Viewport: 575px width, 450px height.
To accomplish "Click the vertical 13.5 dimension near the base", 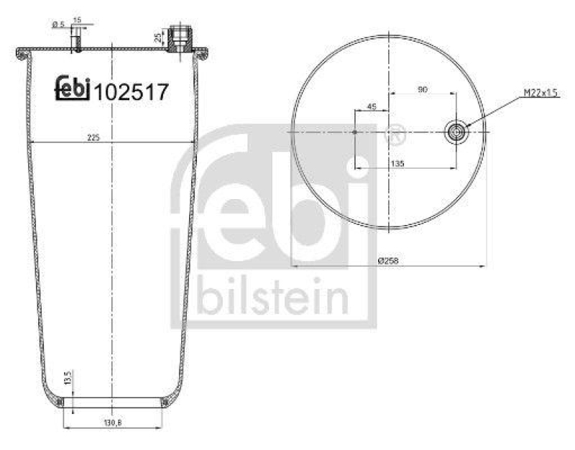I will pyautogui.click(x=68, y=378).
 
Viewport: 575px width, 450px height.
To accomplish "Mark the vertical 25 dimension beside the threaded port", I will pyautogui.click(x=158, y=37).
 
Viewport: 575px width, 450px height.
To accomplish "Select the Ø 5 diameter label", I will pyautogui.click(x=57, y=25).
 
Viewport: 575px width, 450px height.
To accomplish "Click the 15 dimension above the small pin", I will pyautogui.click(x=78, y=19).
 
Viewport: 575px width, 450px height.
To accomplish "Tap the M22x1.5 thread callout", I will pyautogui.click(x=540, y=93).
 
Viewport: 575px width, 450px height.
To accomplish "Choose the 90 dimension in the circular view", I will pyautogui.click(x=423, y=89).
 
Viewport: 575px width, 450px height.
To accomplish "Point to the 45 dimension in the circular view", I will pyautogui.click(x=372, y=106).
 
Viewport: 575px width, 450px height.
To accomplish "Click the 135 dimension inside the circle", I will pyautogui.click(x=397, y=164).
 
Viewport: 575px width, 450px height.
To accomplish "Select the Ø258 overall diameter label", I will pyautogui.click(x=389, y=261).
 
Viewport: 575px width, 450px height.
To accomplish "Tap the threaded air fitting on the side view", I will pyautogui.click(x=180, y=40).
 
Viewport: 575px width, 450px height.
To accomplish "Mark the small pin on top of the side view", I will pyautogui.click(x=76, y=43).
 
